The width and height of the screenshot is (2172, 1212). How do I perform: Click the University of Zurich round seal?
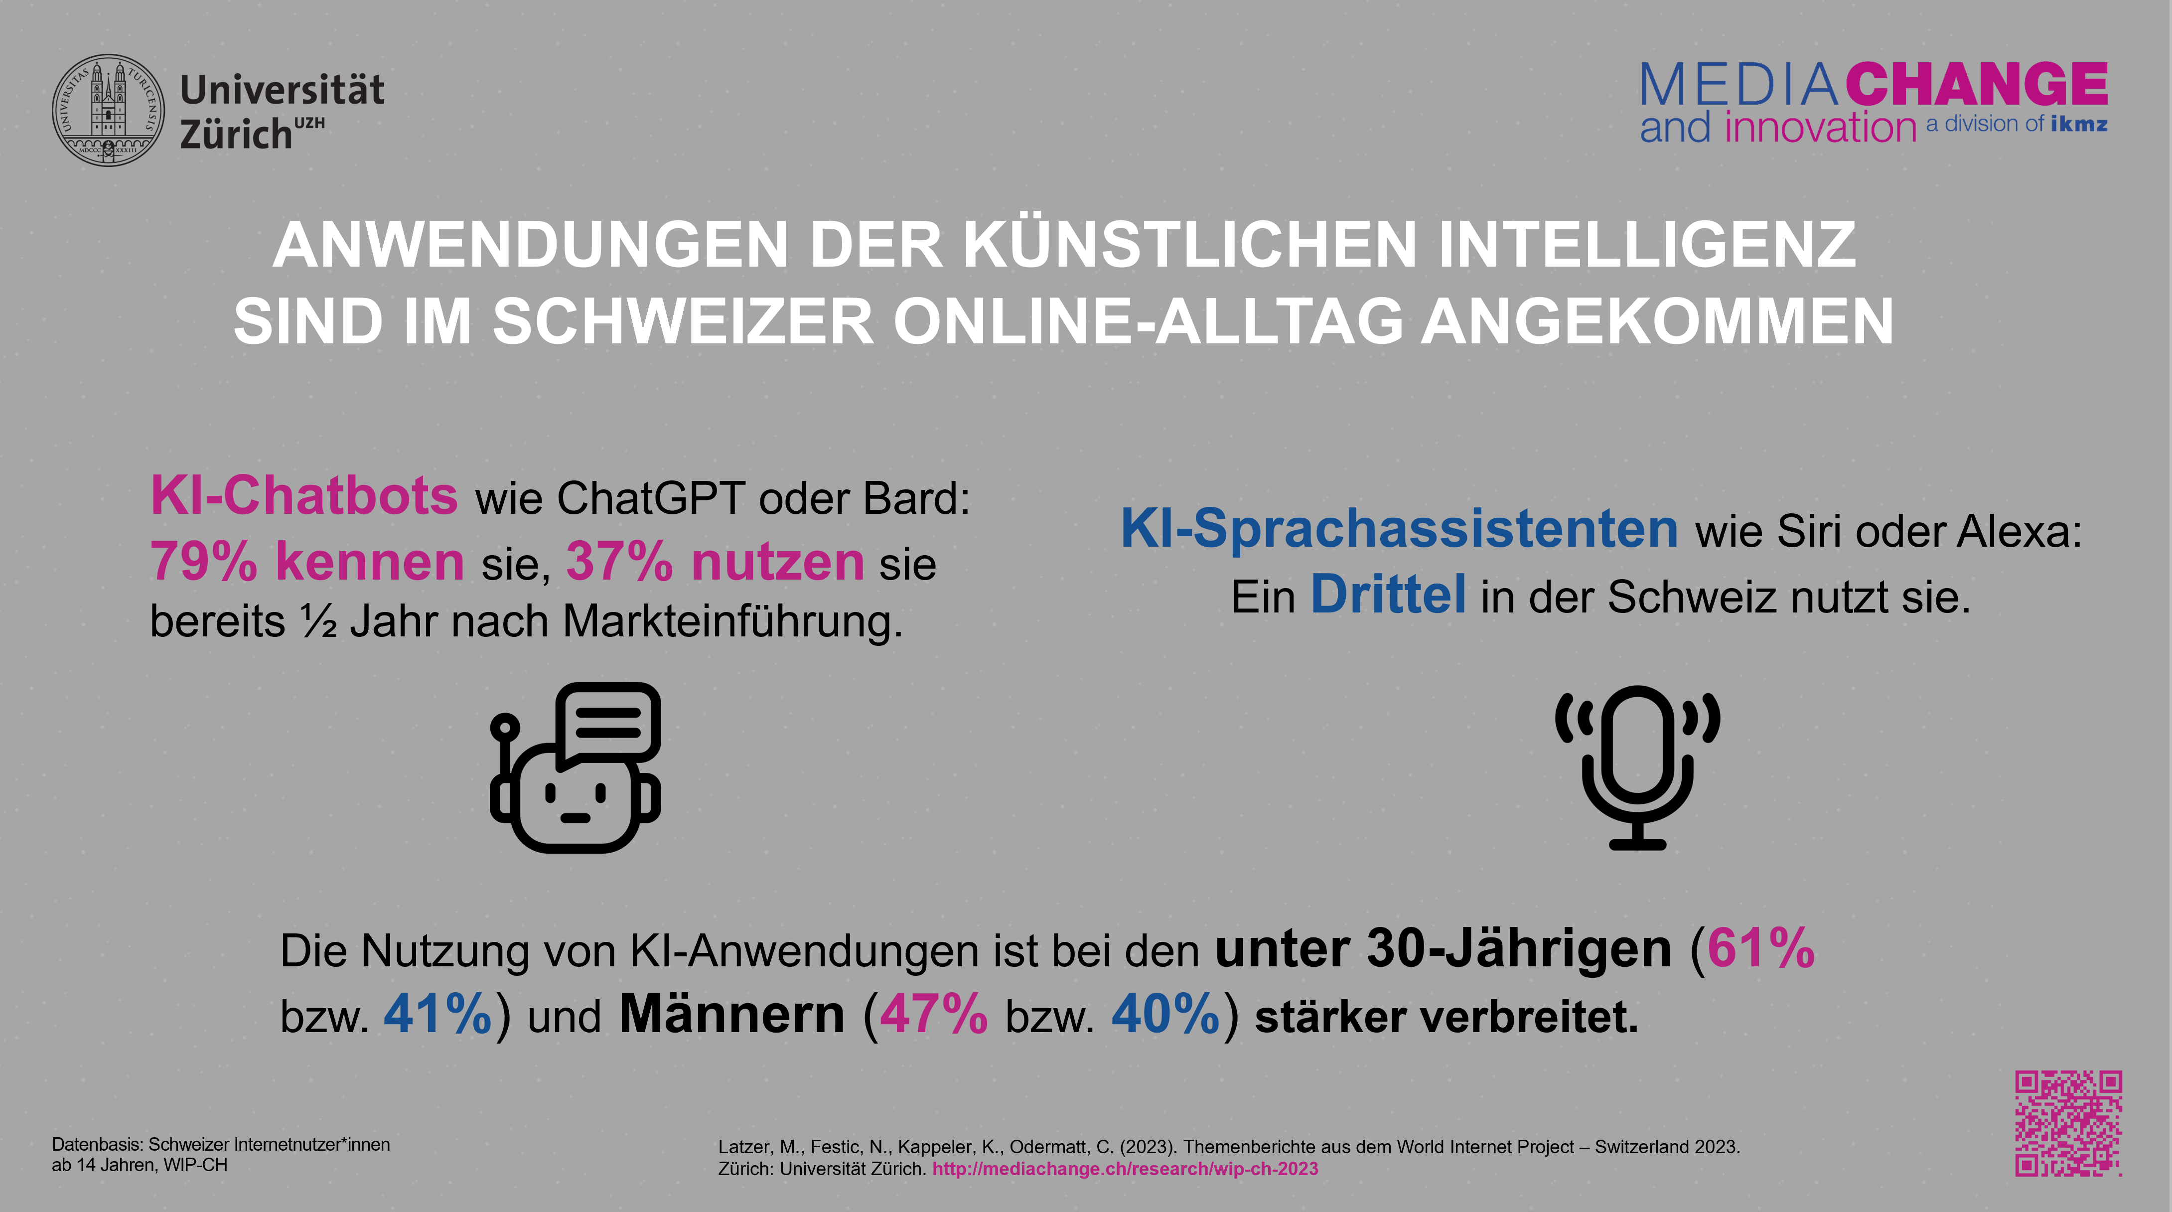108,111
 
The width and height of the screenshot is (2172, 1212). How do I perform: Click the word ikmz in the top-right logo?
2078,125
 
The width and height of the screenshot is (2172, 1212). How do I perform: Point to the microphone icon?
1637,766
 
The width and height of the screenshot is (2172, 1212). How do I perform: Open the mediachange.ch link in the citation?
1125,1169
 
